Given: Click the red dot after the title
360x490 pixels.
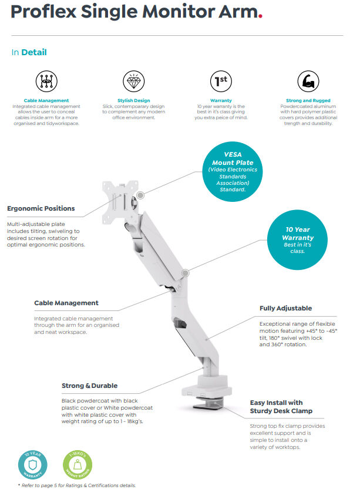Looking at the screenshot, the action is (260, 17).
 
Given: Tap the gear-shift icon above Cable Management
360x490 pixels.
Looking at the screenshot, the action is (46, 81).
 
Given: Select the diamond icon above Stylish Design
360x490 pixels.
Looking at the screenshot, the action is (133, 81).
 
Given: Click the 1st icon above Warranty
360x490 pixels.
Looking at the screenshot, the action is (221, 81).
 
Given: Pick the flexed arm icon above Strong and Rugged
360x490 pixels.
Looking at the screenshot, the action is (308, 81).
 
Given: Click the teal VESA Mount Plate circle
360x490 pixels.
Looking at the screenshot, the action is (233, 171).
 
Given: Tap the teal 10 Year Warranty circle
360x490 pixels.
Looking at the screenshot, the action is (297, 239).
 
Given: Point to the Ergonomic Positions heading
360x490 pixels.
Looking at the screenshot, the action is (41, 208).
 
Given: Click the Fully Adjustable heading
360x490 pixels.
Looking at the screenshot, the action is (285, 308).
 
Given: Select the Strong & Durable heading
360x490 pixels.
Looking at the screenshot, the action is (89, 386).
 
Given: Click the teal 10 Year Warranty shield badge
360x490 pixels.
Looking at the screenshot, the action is (32, 465).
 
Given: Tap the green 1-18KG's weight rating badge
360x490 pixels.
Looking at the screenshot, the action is (78, 465).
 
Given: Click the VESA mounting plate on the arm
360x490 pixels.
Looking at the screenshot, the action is (120, 201).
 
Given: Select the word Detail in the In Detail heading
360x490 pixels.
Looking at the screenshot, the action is (34, 52).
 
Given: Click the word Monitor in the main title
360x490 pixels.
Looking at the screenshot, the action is (179, 12).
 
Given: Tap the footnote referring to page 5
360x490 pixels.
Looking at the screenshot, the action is (77, 485).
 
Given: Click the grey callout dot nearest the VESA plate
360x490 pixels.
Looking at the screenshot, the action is (140, 195).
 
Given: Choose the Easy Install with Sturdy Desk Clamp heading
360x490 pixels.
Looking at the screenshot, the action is (281, 407).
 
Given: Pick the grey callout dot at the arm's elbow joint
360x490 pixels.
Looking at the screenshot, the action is (186, 273).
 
